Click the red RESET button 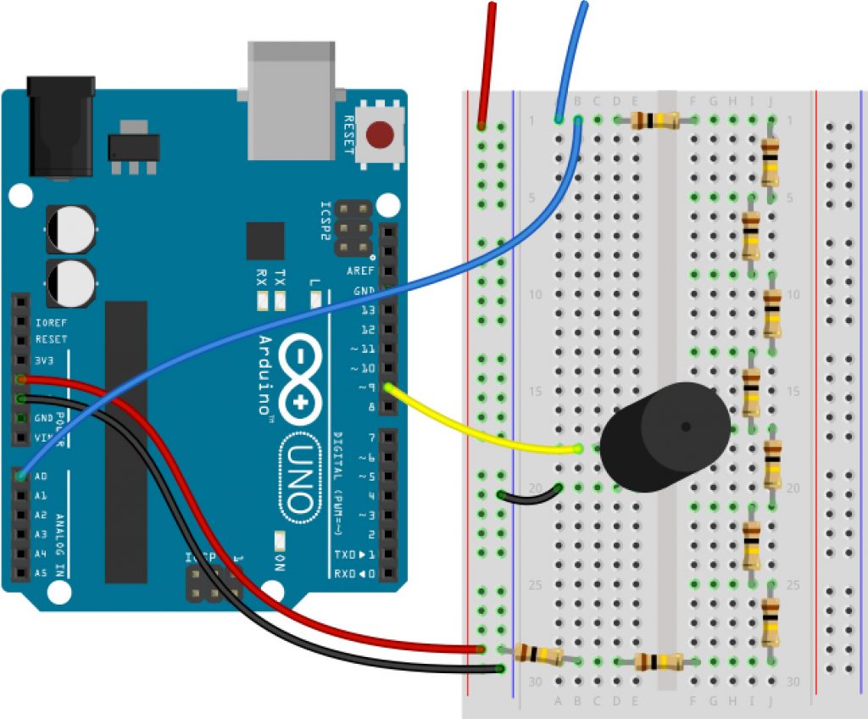(380, 134)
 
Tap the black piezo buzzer (665, 438)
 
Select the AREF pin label (360, 271)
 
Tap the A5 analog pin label (41, 573)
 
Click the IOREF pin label (50, 323)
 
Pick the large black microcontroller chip (125, 442)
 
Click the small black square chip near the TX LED (264, 241)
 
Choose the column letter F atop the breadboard (693, 102)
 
